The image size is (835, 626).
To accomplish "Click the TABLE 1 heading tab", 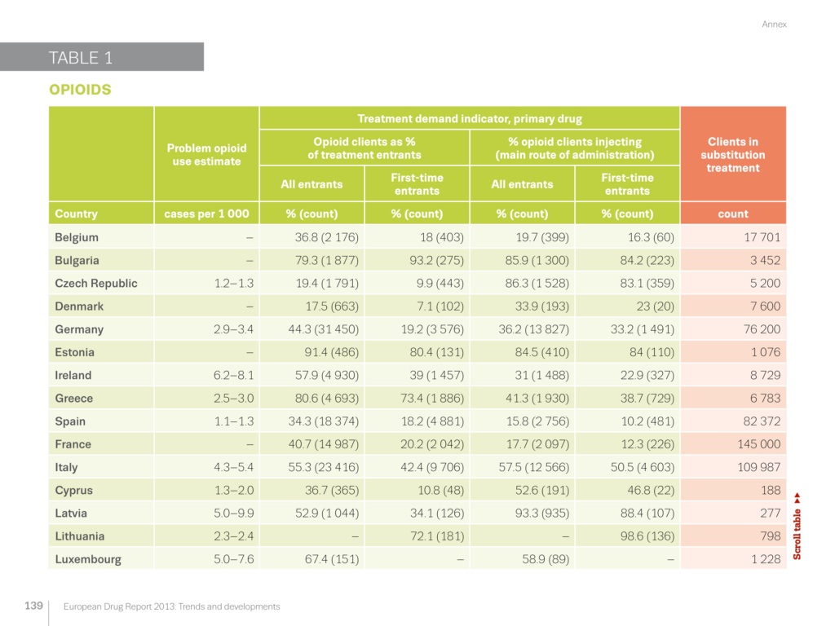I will [82, 58].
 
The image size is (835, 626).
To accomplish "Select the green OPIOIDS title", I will [80, 90].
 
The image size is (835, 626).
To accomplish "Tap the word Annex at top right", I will [774, 24].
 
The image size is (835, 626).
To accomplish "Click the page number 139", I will [33, 606].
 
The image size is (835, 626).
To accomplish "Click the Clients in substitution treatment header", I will [732, 155].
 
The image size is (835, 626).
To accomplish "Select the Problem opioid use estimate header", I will [205, 155].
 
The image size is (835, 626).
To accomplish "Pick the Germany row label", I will [79, 329].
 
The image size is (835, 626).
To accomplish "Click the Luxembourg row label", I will [88, 559].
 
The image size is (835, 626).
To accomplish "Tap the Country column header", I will [76, 214].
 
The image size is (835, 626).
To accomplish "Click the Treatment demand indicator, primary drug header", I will [469, 119].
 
